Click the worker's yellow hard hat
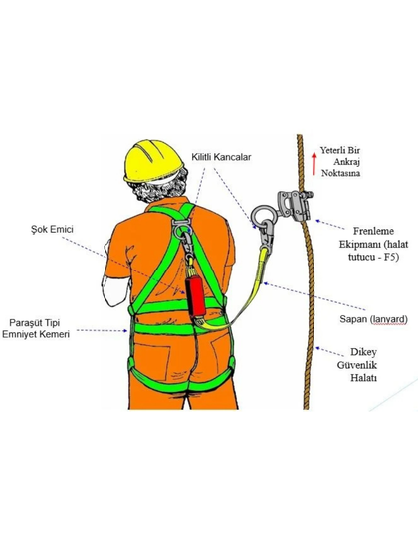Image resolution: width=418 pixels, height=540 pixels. coord(153,160)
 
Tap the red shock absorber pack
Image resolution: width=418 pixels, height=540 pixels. coord(195,295)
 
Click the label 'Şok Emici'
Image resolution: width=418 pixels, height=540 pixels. coord(52,229)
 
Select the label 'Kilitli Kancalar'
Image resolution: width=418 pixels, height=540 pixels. coord(221,157)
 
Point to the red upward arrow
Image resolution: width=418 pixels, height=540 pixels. coord(313,164)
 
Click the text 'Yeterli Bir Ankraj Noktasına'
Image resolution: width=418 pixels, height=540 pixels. coord(340,162)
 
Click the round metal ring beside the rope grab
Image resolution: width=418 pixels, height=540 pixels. coord(262,215)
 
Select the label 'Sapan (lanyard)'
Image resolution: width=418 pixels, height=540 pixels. coord(373,319)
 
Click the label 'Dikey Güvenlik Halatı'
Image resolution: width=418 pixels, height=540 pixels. coord(358,365)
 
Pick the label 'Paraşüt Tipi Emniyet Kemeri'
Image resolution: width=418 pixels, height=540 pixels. coord(36,328)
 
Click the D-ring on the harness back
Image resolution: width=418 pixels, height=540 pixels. coord(182,229)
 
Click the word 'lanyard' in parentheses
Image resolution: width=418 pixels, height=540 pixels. coord(389,319)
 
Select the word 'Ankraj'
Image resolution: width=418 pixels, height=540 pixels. coord(346,162)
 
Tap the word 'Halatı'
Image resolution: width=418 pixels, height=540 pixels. coord(363,378)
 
